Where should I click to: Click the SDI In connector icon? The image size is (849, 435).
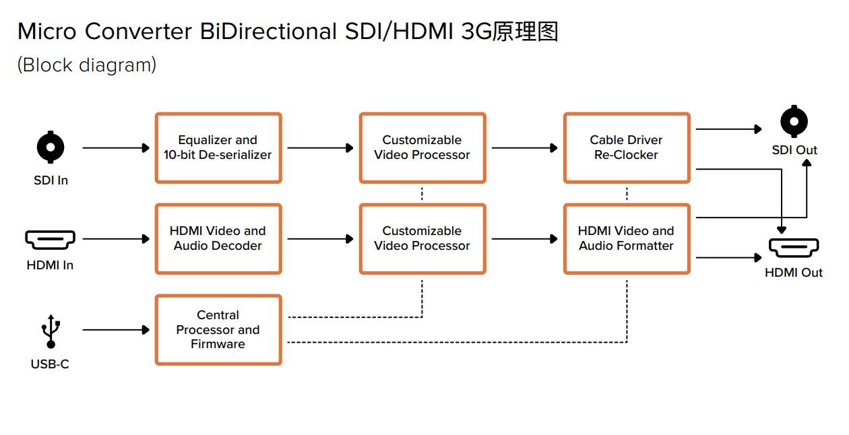coord(51,147)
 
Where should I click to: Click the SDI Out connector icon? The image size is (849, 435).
coord(794,122)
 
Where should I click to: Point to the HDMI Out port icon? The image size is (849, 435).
coord(794,248)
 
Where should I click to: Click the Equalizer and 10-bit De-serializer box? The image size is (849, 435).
coord(218,147)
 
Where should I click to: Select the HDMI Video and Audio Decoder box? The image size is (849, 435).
coord(218,239)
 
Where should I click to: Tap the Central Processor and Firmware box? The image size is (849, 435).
coord(218,330)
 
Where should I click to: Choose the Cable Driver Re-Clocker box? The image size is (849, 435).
coord(626,147)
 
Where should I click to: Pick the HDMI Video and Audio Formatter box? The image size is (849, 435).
coord(626,239)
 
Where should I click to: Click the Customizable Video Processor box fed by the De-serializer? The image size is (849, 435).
coord(422,147)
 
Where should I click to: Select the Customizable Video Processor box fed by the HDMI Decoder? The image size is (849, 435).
coord(422,239)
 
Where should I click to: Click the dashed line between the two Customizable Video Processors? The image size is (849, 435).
coord(422,194)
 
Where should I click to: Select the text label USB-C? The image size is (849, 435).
coord(50,364)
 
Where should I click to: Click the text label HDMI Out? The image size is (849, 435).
coord(794,273)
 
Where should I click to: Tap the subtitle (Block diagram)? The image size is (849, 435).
coord(87,65)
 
